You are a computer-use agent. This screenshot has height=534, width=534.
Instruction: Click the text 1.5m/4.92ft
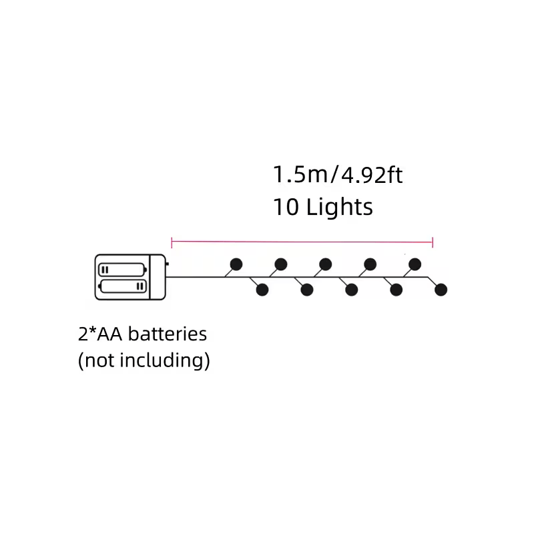point(338,175)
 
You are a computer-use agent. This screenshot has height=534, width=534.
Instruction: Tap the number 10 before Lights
point(286,207)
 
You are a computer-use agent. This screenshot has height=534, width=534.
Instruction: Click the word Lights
point(340,207)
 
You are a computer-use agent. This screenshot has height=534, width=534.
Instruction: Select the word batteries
point(168,334)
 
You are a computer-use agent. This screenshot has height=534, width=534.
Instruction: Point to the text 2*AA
point(99,334)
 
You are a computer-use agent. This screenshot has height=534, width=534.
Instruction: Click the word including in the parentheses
point(165,360)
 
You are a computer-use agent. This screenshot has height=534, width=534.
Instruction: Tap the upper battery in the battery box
point(122,270)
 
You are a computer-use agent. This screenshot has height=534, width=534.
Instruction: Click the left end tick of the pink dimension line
point(172,243)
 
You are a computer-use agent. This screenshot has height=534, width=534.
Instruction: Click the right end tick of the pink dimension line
point(433,243)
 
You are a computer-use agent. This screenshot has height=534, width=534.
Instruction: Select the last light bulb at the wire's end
point(441,290)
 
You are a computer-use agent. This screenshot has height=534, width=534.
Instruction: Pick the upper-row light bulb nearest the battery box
point(236,264)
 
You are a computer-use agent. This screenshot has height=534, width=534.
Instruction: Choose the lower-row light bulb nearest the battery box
point(262,290)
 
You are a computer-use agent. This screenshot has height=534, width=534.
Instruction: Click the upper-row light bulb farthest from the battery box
point(415,264)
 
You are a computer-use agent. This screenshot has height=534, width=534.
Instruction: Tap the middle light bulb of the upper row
point(325,264)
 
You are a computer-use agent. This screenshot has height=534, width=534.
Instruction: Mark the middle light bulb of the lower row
point(352,290)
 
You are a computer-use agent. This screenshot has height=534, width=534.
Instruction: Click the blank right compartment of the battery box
point(158,277)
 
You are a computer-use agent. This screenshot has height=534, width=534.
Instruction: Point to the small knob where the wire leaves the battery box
point(167,264)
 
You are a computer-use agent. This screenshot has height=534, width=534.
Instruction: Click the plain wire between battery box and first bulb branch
point(195,277)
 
